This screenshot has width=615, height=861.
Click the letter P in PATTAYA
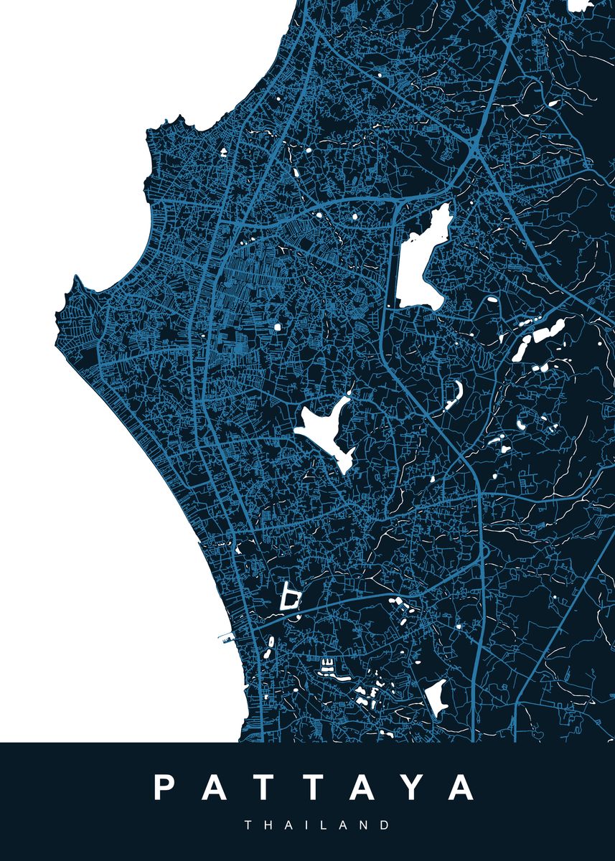click(165, 787)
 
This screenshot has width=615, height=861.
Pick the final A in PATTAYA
click(459, 787)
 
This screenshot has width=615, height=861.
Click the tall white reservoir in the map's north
click(421, 262)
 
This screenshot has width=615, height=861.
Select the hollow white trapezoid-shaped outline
click(290, 597)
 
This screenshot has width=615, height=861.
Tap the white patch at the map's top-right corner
click(578, 6)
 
